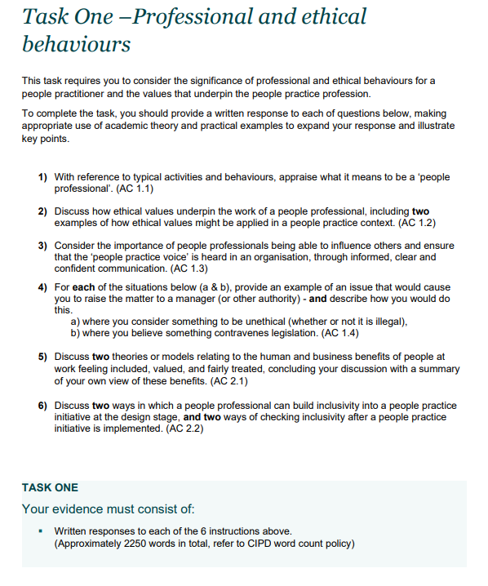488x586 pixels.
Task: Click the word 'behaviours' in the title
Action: (76, 43)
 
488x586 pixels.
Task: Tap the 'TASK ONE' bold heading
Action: (50, 487)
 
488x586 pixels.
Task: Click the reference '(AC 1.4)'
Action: (344, 333)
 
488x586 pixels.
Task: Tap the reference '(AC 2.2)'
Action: (184, 428)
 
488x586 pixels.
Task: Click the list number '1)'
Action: (42, 176)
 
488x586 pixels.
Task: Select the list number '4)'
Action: (42, 287)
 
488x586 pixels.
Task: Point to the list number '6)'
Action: (42, 406)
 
